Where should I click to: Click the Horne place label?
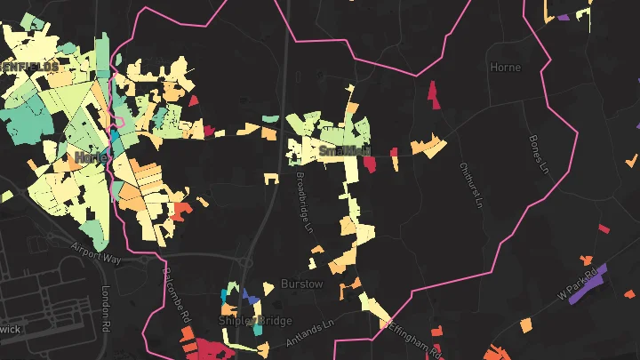coord(505,67)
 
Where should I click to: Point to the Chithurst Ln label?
coord(470,184)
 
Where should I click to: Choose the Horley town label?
coord(92,157)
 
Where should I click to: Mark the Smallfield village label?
coord(344,152)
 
